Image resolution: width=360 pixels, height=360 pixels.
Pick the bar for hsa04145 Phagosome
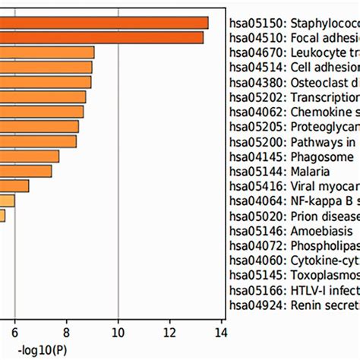point(30,156)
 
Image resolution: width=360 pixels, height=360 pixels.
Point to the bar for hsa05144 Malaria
point(26,171)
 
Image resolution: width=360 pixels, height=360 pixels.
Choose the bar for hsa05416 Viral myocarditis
point(14,186)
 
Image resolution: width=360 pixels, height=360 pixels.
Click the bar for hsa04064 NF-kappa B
point(8,201)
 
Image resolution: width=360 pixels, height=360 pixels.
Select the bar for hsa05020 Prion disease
point(2,216)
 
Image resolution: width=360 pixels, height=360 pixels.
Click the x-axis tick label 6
point(14,331)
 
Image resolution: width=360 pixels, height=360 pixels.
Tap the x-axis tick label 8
point(66,331)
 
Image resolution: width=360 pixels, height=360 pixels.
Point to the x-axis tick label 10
point(118,331)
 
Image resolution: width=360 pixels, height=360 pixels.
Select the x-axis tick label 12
point(169,331)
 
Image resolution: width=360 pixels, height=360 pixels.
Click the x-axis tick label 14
point(221,331)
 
